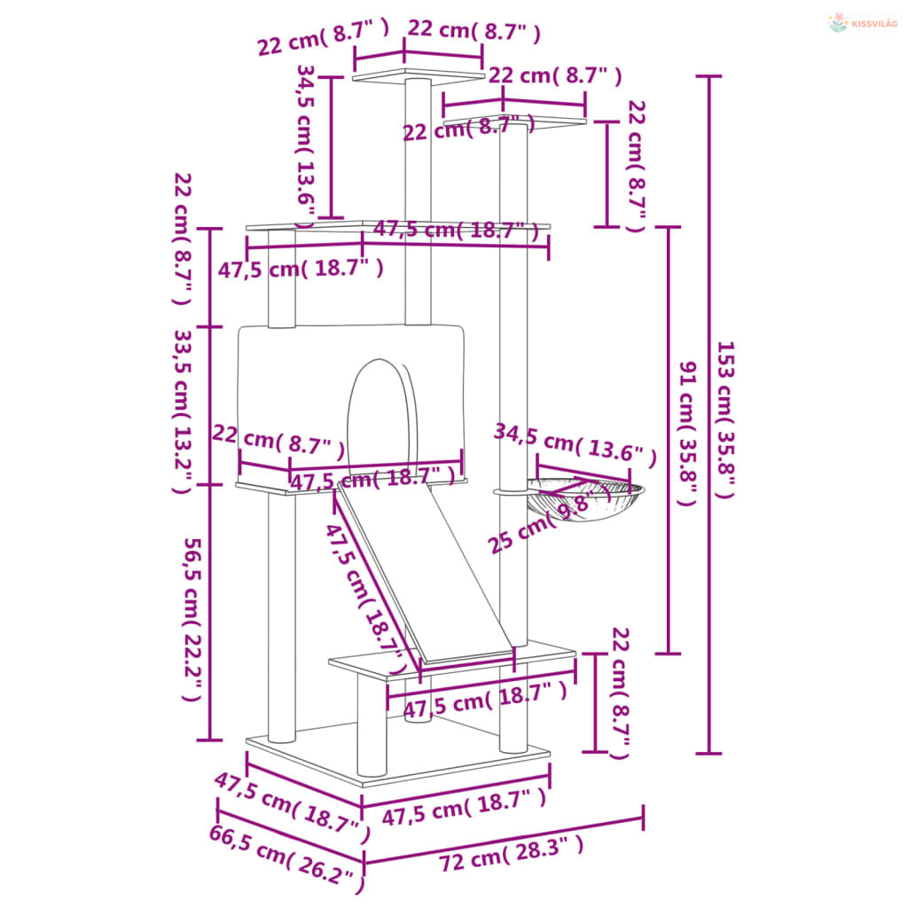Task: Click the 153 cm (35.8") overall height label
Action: tap(725, 419)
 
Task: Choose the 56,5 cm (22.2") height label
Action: tap(192, 619)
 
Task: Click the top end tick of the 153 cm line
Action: tap(708, 76)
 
